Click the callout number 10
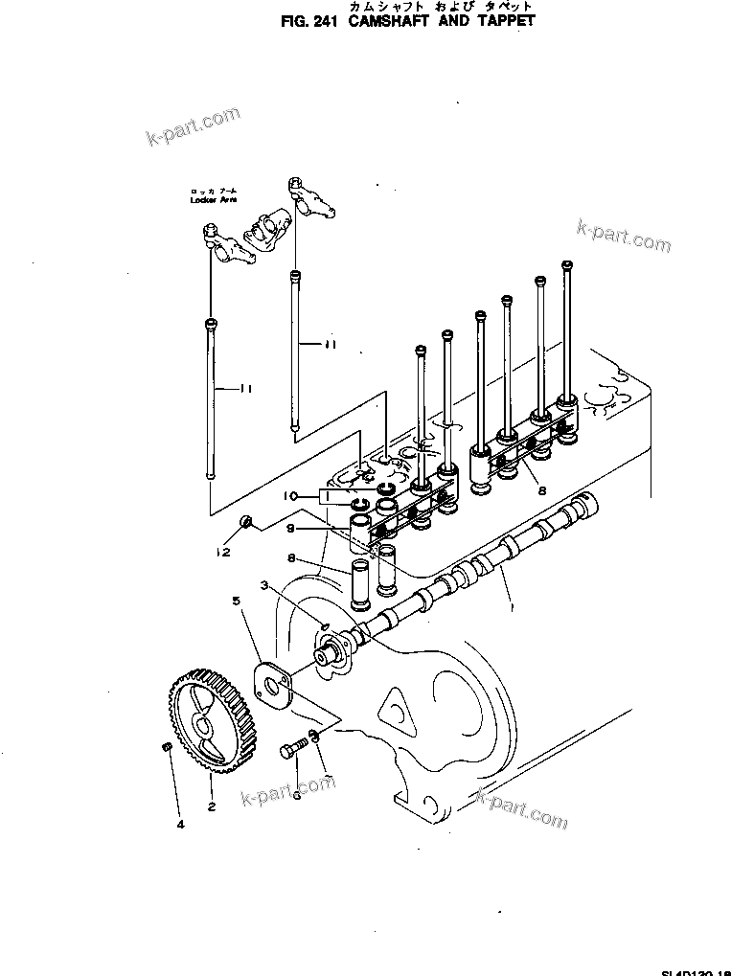coord(288,496)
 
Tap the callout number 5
coord(236,601)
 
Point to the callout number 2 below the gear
coord(211,806)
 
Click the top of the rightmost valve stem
coord(567,264)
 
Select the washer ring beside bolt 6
coord(316,738)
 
